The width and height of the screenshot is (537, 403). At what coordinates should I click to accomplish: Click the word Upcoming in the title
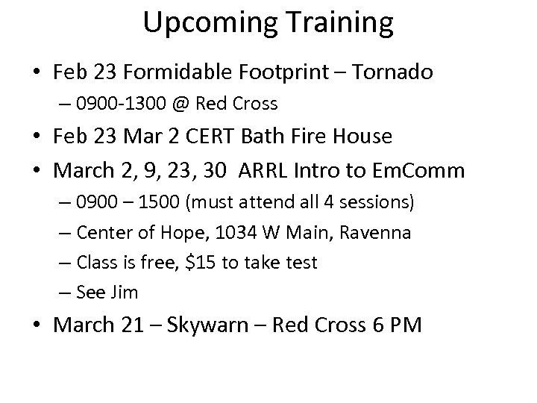[x=201, y=24]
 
